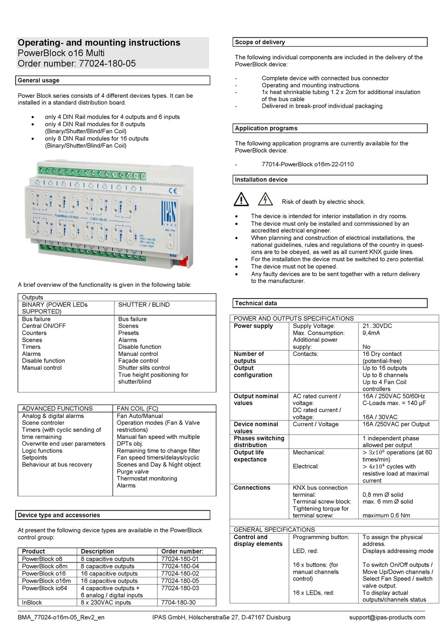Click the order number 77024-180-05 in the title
pyautogui.click(x=107, y=63)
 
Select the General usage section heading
pyautogui.click(x=39, y=80)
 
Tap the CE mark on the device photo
pyautogui.click(x=173, y=190)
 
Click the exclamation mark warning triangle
pyautogui.click(x=241, y=200)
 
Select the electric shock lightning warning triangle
pyautogui.click(x=265, y=200)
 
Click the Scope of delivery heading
pyautogui.click(x=260, y=42)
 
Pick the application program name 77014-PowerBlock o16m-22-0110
pyautogui.click(x=308, y=164)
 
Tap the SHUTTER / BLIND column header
pyautogui.click(x=144, y=305)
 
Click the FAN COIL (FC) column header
pyautogui.click(x=137, y=408)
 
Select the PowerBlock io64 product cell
pyautogui.click(x=44, y=588)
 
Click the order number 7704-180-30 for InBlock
pyautogui.click(x=178, y=603)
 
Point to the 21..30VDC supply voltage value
pyautogui.click(x=377, y=326)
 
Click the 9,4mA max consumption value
pyautogui.click(x=371, y=333)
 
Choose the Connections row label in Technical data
pyautogui.click(x=252, y=488)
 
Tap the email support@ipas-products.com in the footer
pyautogui.click(x=387, y=617)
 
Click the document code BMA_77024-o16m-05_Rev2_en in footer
pyautogui.click(x=61, y=617)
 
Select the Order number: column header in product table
pyautogui.click(x=182, y=551)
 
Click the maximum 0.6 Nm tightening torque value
pyautogui.click(x=386, y=515)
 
